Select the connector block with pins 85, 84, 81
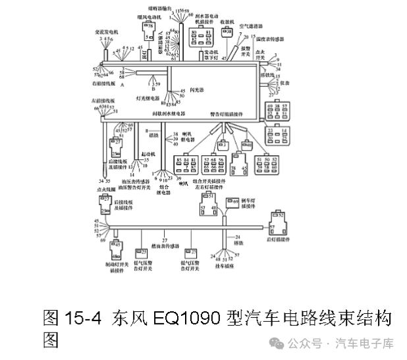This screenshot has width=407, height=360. [x=184, y=165]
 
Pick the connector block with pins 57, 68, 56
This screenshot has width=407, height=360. [x=211, y=165]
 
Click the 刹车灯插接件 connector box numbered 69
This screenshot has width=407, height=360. [x=233, y=201]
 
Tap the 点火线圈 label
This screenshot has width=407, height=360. [x=106, y=188]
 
